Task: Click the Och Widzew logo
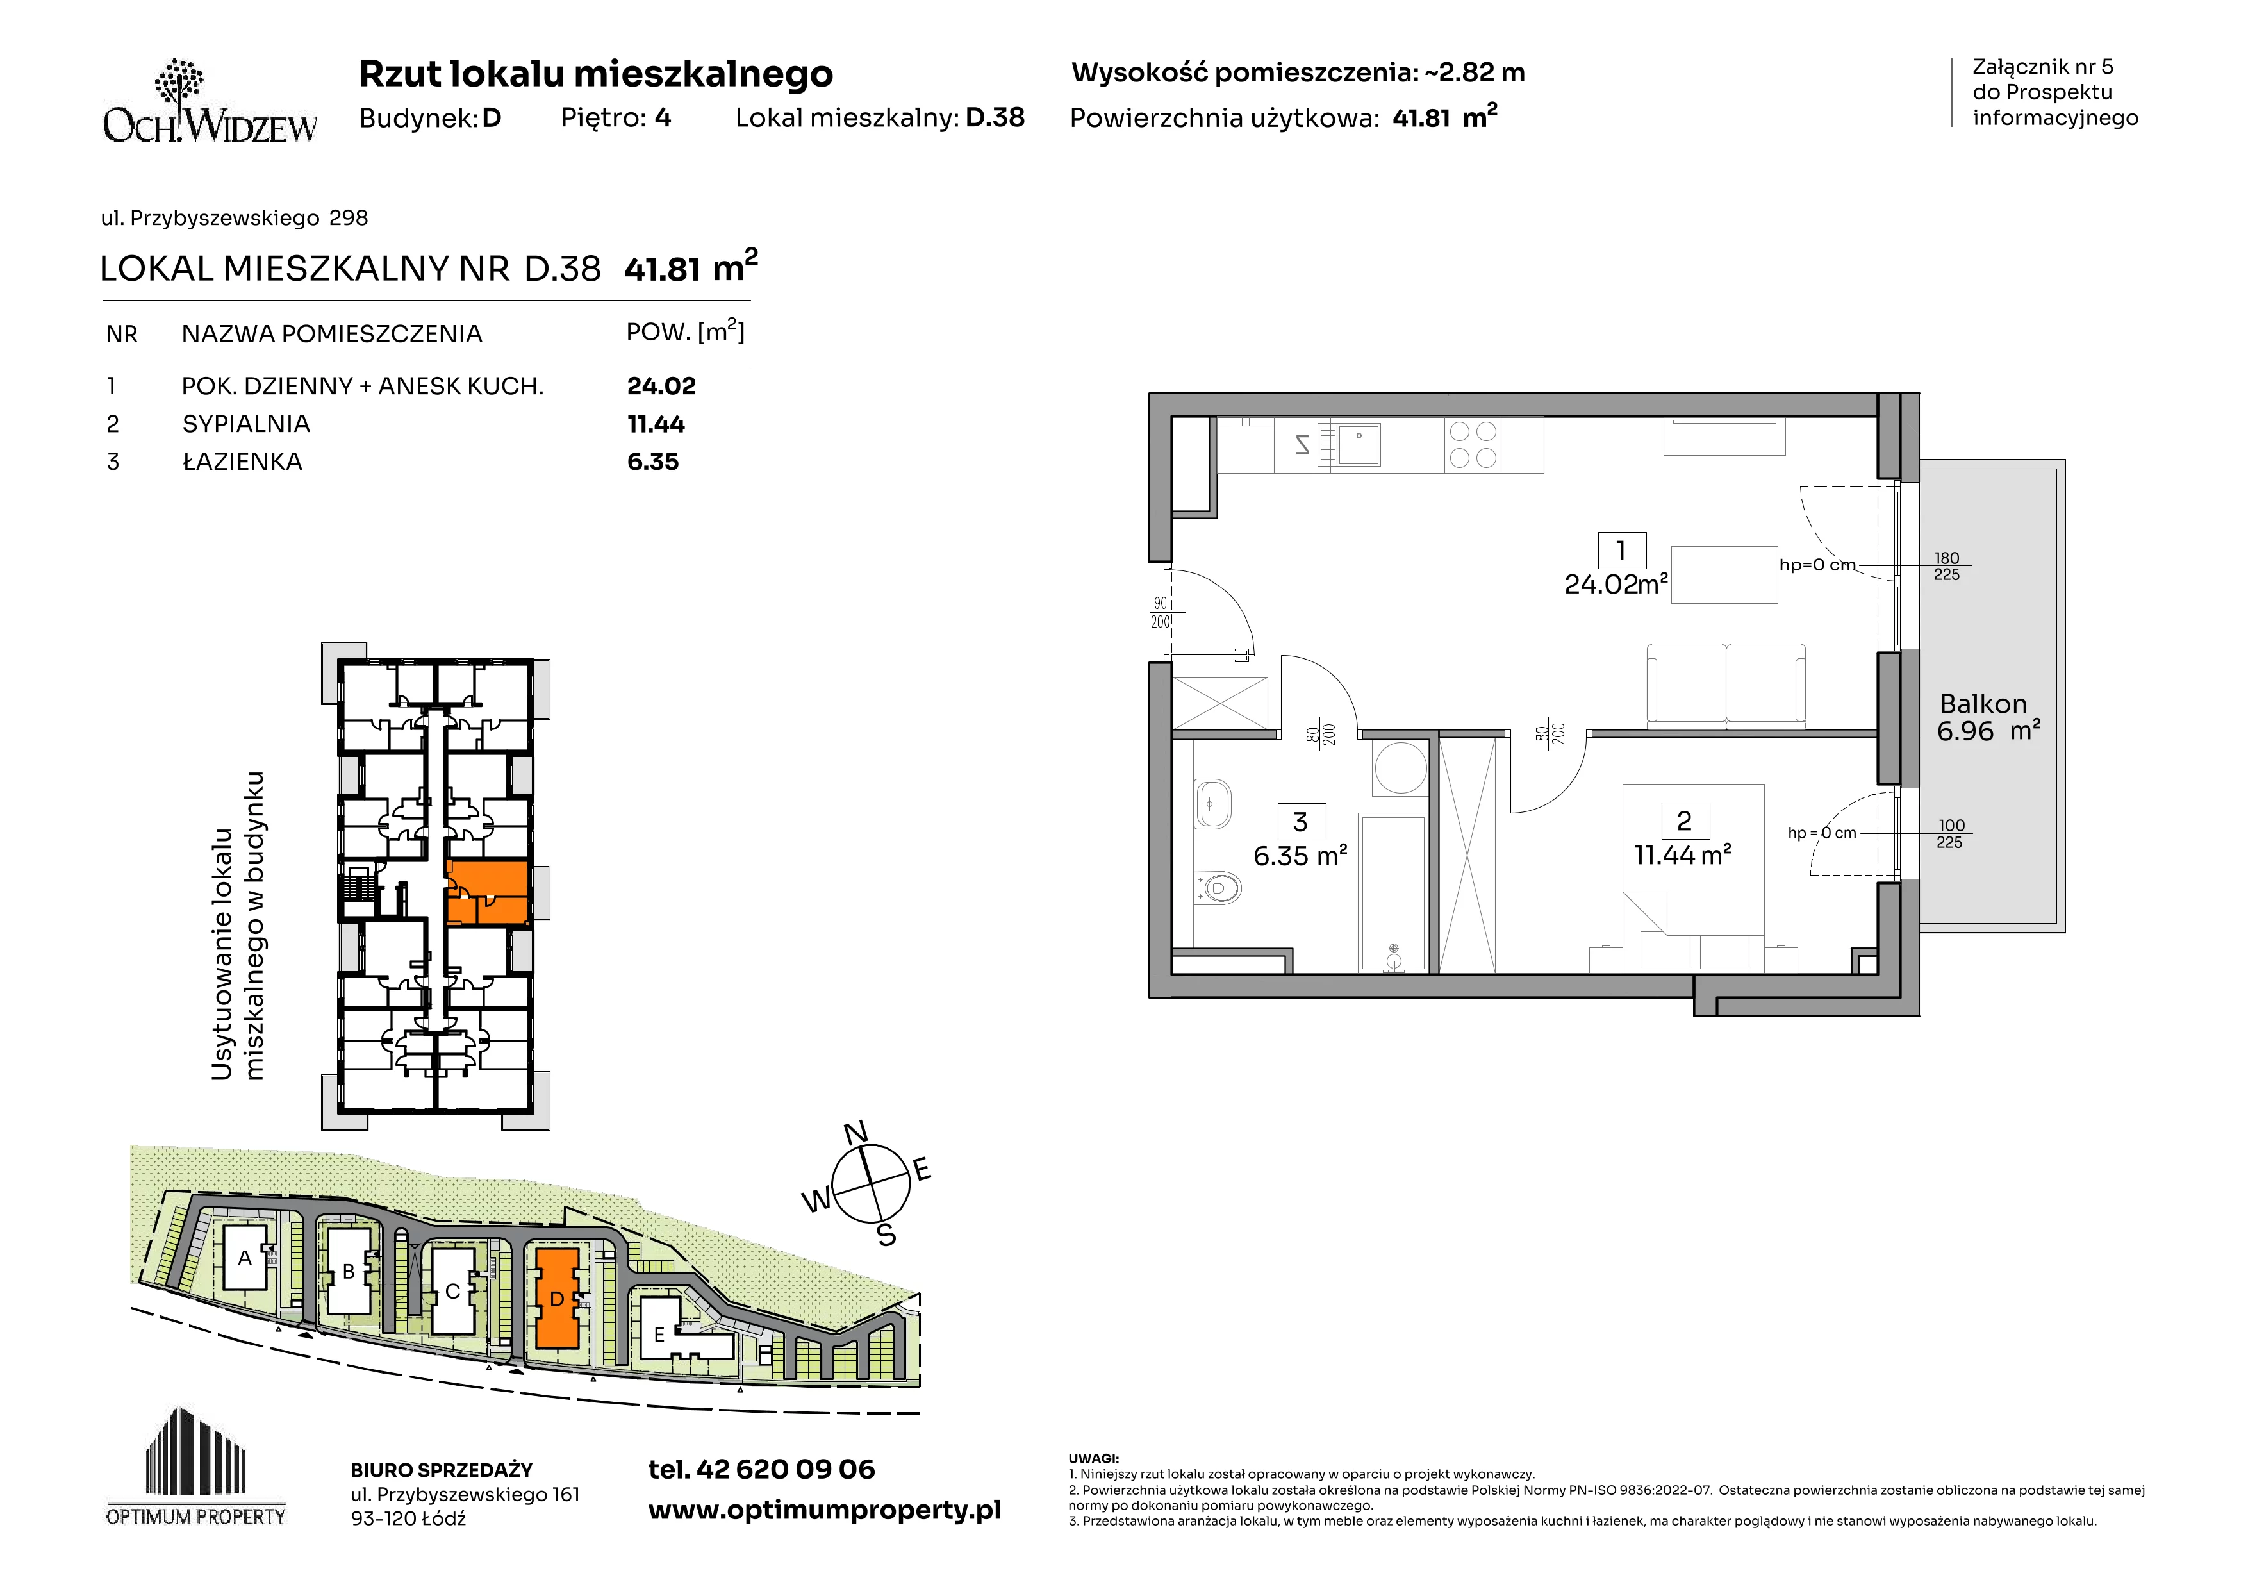[x=210, y=102]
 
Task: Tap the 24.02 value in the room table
[x=661, y=386]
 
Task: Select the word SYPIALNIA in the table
[x=245, y=424]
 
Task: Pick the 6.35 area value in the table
[x=652, y=462]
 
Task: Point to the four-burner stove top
[x=1473, y=444]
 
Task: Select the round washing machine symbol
[x=1400, y=767]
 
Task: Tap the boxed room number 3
[x=1300, y=822]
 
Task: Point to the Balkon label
[x=1983, y=704]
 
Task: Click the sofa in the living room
[x=1726, y=685]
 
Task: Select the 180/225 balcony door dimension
[x=1946, y=566]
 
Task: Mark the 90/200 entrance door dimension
[x=1161, y=613]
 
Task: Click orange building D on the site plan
[x=557, y=1298]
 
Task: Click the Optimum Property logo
[x=196, y=1466]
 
